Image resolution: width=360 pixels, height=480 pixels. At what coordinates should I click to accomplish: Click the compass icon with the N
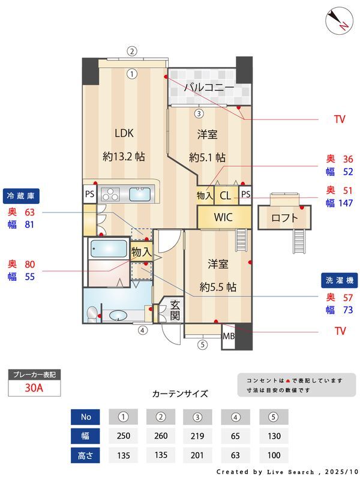340,21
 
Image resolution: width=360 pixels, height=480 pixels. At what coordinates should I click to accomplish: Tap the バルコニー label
209,88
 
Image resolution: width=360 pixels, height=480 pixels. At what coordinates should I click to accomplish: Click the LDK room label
124,133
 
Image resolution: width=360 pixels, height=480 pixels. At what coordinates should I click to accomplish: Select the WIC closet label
223,217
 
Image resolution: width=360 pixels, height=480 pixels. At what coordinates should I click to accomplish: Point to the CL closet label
226,196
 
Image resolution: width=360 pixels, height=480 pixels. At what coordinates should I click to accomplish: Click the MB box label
229,337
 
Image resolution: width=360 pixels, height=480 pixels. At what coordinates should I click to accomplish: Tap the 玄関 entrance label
175,310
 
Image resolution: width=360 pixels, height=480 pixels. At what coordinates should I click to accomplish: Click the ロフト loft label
284,218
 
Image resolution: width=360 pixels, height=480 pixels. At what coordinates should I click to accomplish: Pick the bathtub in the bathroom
109,248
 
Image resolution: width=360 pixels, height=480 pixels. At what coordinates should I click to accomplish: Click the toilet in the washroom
92,314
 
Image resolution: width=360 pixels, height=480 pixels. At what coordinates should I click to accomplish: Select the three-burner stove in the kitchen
110,194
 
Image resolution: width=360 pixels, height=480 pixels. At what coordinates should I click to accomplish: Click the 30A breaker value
34,388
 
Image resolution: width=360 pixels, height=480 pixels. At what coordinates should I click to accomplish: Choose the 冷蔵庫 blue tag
21,196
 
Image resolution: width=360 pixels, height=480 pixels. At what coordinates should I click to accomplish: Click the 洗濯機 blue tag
340,280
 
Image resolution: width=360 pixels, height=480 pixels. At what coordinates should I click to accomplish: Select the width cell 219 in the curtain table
197,436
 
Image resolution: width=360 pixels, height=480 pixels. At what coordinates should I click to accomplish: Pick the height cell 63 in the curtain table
235,455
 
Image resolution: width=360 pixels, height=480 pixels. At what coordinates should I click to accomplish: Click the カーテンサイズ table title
180,394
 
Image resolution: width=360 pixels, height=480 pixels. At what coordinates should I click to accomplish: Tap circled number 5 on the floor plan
202,344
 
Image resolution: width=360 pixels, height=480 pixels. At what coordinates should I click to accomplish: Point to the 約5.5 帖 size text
218,287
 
